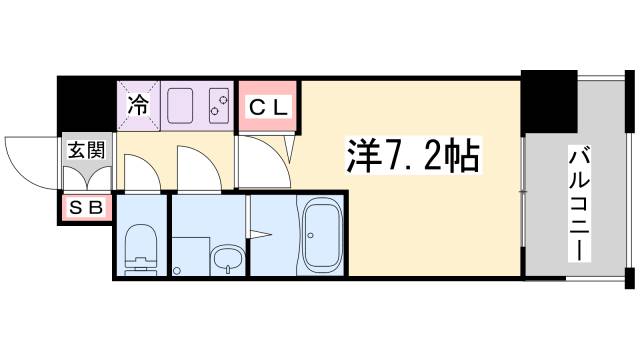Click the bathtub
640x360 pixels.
coord(321,236)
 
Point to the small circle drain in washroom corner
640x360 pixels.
coord(178,269)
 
